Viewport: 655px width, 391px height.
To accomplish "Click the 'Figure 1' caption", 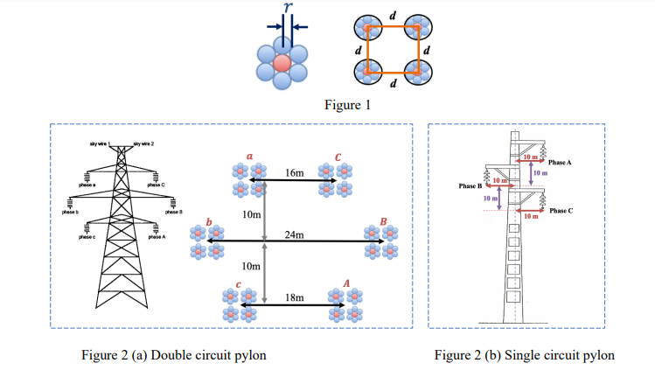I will point(347,106).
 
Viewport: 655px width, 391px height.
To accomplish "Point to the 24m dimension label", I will point(295,234).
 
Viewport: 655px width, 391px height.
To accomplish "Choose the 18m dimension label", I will point(295,298).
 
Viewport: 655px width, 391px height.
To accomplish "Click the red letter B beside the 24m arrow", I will point(382,220).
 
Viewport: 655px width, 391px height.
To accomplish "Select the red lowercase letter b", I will point(208,220).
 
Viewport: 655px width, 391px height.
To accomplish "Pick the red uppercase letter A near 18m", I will point(346,283).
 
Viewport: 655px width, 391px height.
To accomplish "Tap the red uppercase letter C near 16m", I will point(337,157).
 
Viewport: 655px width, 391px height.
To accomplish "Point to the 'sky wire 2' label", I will point(143,143).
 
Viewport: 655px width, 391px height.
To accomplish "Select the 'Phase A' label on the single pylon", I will point(561,163).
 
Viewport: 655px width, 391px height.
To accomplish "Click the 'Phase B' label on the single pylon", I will point(470,186).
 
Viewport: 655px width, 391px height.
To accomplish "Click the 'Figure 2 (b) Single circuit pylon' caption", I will point(524,355).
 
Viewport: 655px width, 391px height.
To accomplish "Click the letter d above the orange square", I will point(393,16).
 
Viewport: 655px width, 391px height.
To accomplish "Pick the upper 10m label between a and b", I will point(252,214).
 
